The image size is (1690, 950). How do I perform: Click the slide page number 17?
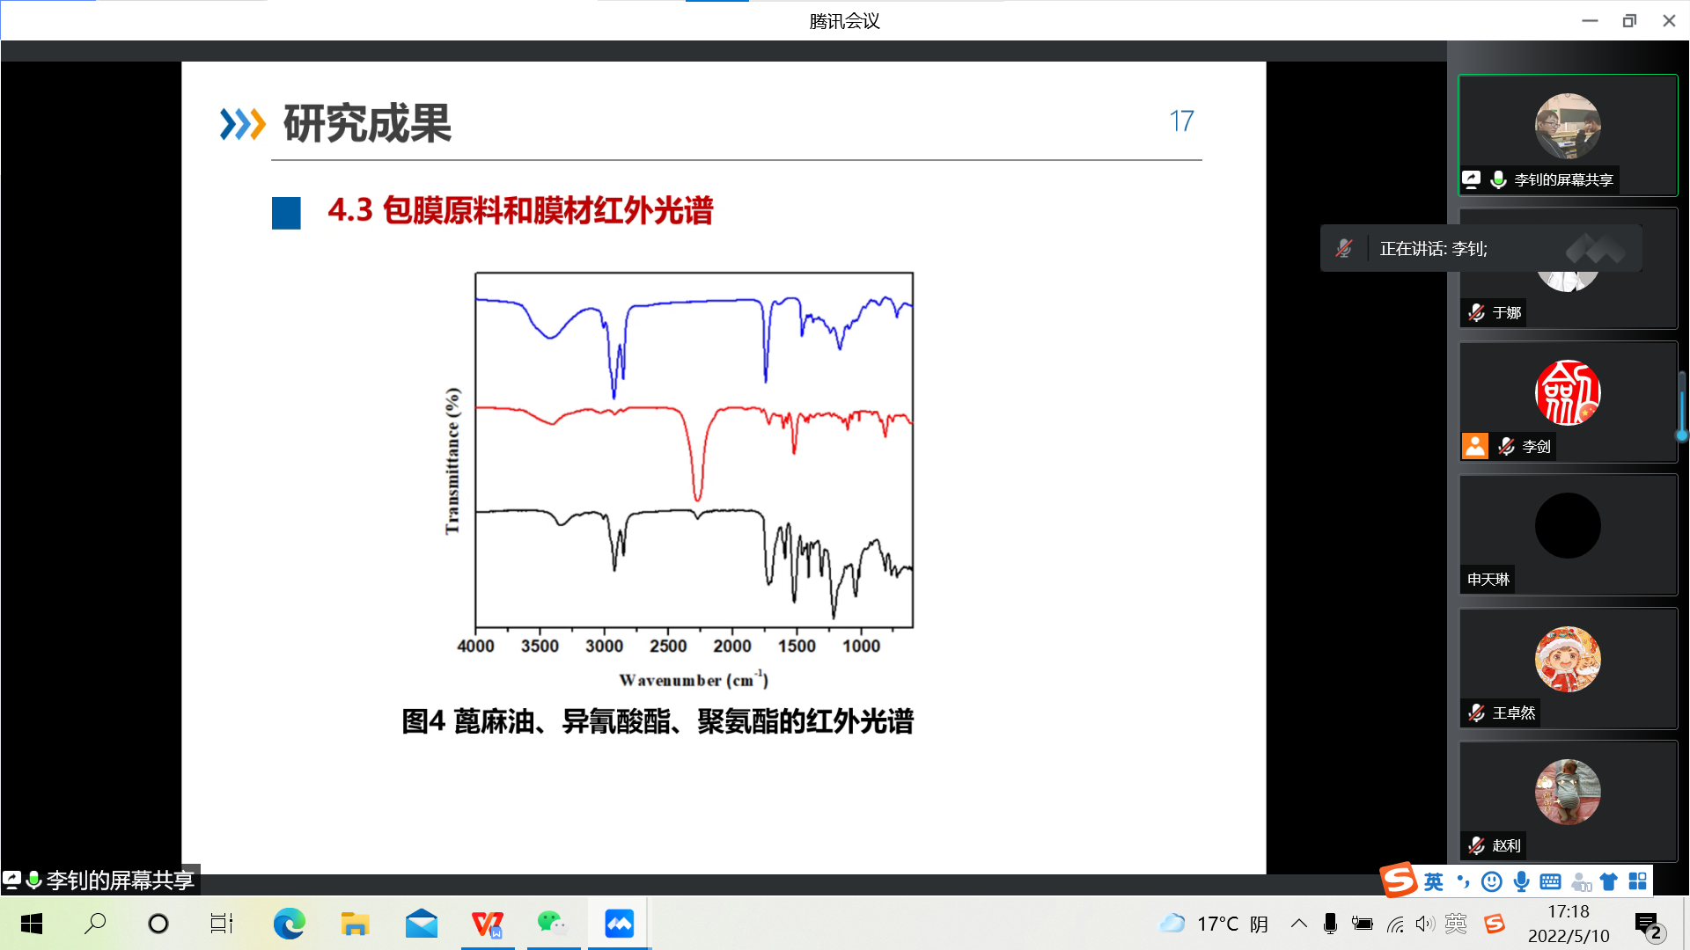[x=1181, y=121]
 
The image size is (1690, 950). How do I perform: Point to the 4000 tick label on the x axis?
[x=475, y=646]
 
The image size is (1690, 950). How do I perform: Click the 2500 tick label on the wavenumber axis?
[x=668, y=646]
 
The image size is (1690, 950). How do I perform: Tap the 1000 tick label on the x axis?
[x=861, y=646]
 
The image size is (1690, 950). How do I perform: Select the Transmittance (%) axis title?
[x=452, y=460]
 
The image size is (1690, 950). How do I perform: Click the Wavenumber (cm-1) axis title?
[x=694, y=679]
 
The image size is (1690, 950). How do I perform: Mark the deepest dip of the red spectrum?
[x=697, y=499]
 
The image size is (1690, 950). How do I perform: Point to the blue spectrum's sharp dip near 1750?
[x=766, y=378]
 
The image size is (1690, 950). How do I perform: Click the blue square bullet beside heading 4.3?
[x=286, y=213]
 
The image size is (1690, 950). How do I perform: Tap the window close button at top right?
[x=1669, y=20]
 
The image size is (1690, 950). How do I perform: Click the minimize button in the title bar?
[x=1590, y=20]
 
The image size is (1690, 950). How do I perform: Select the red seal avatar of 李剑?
[x=1568, y=392]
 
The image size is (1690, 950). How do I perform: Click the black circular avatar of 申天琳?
[x=1568, y=525]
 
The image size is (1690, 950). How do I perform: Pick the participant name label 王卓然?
[x=1514, y=712]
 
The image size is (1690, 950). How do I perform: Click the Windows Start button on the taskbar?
[x=32, y=924]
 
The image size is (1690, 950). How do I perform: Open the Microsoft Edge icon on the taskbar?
[x=289, y=924]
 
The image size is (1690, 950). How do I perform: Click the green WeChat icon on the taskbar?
[x=552, y=923]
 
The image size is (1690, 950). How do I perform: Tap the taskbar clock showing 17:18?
[x=1569, y=912]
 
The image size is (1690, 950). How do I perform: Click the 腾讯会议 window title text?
[x=844, y=21]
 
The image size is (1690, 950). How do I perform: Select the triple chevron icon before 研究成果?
[x=242, y=124]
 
